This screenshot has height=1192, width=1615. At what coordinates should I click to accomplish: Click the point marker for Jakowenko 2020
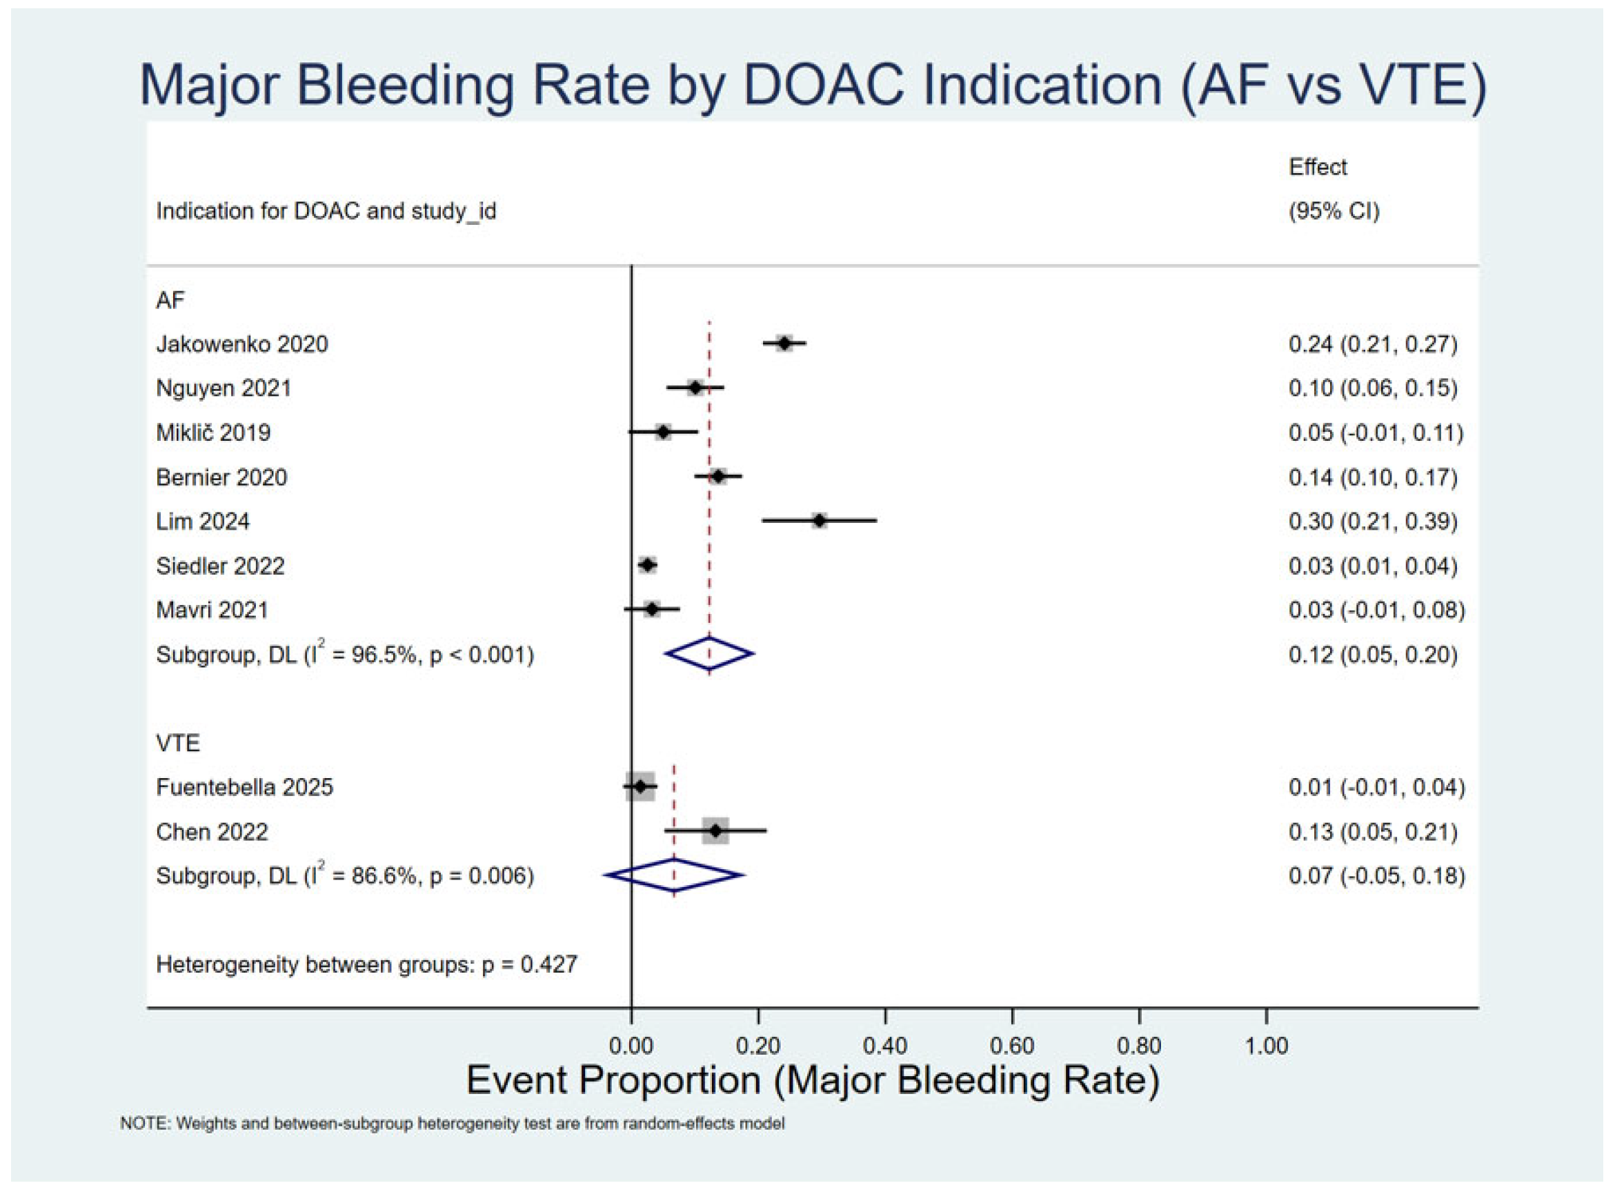coord(784,344)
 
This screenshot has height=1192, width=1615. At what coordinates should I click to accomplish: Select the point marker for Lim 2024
coord(819,520)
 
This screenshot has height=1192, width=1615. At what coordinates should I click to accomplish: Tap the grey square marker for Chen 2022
coord(715,831)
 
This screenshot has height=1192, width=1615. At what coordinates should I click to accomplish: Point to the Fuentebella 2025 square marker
coord(640,786)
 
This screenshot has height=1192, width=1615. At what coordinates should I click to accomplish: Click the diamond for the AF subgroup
coord(709,654)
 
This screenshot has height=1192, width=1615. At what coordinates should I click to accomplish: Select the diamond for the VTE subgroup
coord(674,875)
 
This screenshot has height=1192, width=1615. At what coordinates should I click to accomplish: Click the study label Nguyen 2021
coord(224,388)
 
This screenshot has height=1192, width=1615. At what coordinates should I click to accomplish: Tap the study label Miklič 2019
coord(214,433)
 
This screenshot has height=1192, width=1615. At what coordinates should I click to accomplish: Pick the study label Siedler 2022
coord(220,566)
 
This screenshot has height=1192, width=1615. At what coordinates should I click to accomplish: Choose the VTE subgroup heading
coord(177,742)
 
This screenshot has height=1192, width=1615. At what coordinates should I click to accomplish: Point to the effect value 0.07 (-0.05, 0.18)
coord(1377,875)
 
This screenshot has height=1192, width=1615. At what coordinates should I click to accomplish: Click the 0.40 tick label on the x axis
coord(885,1046)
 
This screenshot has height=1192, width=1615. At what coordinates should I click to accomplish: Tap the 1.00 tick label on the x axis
coord(1267,1046)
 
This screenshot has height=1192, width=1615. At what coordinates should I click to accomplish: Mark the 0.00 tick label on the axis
coord(631,1046)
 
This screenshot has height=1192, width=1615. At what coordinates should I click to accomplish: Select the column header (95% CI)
coord(1334,210)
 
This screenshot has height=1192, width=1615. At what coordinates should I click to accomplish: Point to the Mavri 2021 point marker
coord(652,609)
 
